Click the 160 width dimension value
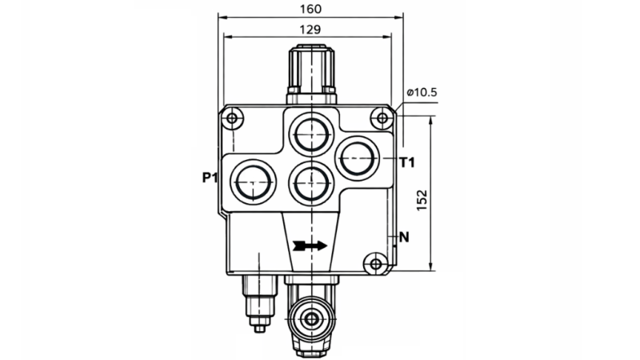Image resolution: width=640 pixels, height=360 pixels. pyautogui.click(x=310, y=9)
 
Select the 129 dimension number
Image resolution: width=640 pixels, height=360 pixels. pyautogui.click(x=310, y=29)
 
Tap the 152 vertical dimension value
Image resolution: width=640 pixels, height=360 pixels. pyautogui.click(x=423, y=199)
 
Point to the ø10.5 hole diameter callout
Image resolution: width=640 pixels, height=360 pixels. pyautogui.click(x=422, y=93)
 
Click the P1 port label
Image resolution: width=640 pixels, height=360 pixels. pyautogui.click(x=210, y=178)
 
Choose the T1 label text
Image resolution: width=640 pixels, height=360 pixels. pyautogui.click(x=406, y=162)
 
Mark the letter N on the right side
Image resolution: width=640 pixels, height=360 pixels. pyautogui.click(x=403, y=237)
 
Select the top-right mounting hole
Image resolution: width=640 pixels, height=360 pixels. pyautogui.click(x=382, y=119)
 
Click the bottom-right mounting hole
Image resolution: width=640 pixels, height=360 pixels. pyautogui.click(x=374, y=263)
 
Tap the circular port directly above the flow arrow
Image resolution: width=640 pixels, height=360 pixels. pyautogui.click(x=310, y=182)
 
